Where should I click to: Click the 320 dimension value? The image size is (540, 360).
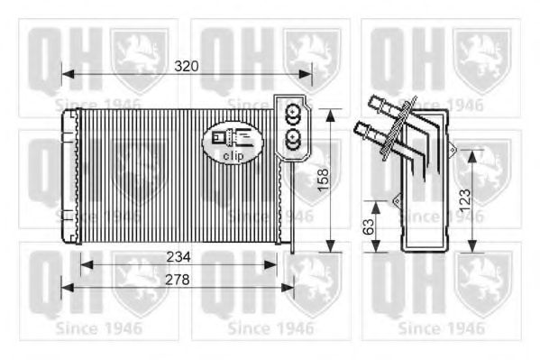coord(186,67)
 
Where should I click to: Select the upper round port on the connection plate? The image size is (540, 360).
coord(292,115)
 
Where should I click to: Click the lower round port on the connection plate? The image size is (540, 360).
coord(292,138)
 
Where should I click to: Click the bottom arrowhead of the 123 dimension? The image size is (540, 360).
coord(475,247)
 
